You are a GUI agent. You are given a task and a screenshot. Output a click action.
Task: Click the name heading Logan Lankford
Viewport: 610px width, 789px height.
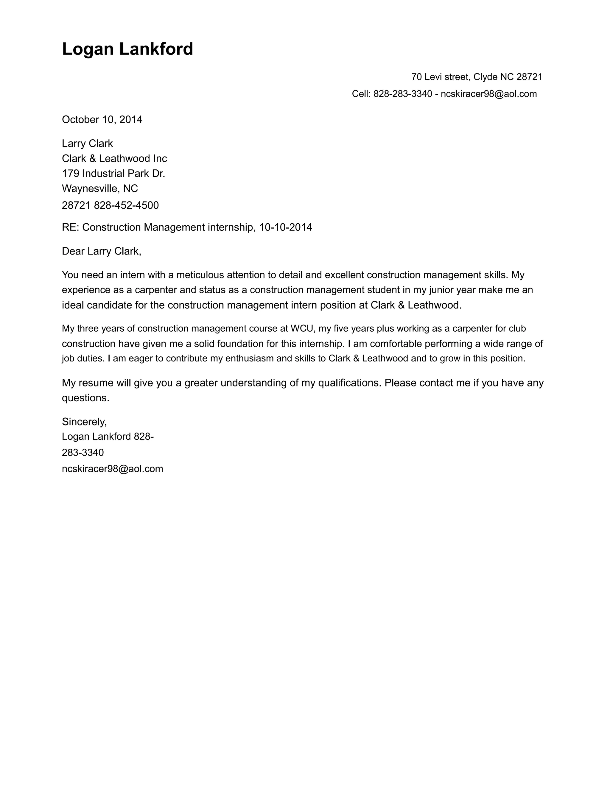tap(127, 49)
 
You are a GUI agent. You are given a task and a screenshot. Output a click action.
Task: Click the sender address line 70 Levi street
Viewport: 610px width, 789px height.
tap(476, 77)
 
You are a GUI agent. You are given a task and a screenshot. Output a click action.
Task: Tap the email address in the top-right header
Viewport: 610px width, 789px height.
tap(488, 94)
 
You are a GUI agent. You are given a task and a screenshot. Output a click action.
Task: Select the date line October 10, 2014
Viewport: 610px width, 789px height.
tap(102, 120)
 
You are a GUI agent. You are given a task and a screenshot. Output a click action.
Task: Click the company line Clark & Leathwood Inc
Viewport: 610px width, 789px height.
tap(114, 159)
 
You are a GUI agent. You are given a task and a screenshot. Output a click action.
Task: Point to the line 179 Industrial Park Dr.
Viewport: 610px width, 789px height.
tap(113, 174)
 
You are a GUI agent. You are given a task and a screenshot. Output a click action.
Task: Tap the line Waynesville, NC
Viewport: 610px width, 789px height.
tap(100, 188)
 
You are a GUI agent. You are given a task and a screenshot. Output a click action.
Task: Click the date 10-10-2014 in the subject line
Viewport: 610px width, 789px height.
tap(285, 227)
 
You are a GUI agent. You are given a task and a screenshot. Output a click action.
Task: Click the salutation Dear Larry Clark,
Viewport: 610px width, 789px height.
tap(101, 251)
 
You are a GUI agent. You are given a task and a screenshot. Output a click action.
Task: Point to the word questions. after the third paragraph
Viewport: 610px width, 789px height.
tap(85, 398)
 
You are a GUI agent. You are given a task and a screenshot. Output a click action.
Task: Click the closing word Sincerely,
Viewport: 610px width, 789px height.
tap(84, 422)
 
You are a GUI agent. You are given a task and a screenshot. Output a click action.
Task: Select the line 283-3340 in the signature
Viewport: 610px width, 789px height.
tap(83, 453)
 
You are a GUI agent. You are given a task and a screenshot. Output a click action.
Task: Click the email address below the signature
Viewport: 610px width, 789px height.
tap(112, 469)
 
